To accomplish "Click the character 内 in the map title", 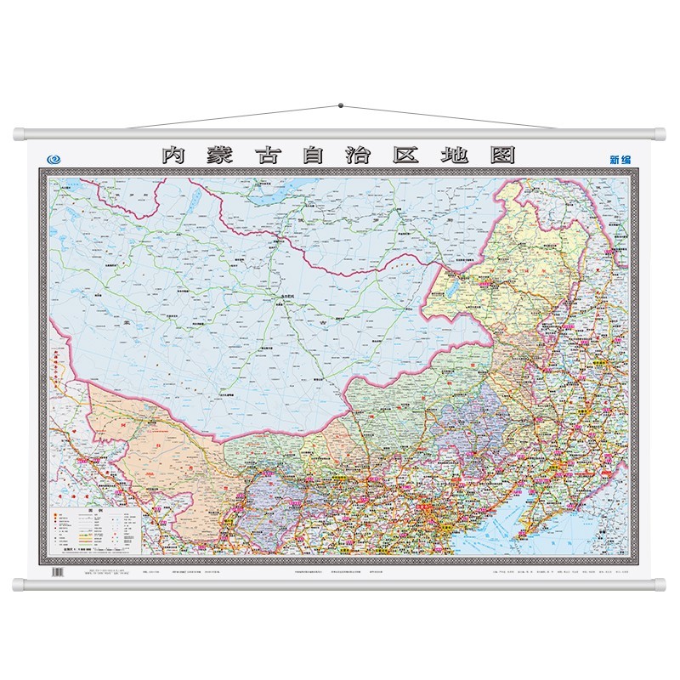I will (x=173, y=156).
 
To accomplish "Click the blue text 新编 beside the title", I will (x=620, y=158).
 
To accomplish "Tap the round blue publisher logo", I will (x=55, y=157).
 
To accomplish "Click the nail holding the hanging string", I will (x=341, y=106).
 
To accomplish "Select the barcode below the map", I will (x=57, y=574).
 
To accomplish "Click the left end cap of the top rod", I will (x=19, y=134).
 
